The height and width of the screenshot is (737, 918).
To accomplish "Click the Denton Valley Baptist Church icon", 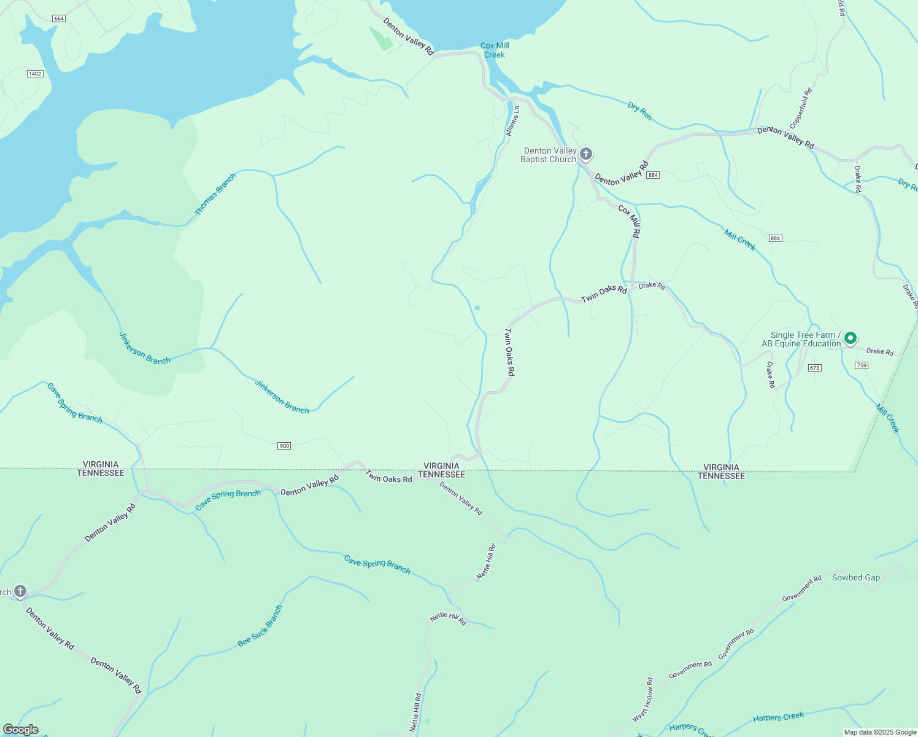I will (586, 154).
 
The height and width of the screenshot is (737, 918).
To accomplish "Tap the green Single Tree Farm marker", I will (850, 338).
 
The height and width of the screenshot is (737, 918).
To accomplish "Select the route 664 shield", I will (59, 18).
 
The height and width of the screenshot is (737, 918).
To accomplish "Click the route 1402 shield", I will (35, 74).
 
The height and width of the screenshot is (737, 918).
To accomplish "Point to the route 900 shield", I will (283, 446).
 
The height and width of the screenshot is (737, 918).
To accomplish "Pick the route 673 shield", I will (814, 368).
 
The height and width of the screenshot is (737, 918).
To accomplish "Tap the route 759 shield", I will (862, 365).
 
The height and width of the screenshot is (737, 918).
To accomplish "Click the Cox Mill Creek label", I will (495, 50).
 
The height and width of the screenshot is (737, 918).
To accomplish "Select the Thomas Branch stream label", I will (215, 194).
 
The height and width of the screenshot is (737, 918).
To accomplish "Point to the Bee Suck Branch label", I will (260, 626).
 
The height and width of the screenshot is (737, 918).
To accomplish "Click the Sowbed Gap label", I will (855, 577).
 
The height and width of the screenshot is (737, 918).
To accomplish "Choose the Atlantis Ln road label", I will (512, 121).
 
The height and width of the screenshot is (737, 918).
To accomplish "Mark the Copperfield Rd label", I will (801, 108).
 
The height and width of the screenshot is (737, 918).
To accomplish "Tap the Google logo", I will (21, 730).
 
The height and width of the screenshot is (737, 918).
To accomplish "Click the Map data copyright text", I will (880, 732).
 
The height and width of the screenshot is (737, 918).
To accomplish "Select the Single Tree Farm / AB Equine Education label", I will (801, 339).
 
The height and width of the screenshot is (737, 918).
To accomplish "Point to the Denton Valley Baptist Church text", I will (549, 155).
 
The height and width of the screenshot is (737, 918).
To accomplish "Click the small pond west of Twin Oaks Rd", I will (477, 308).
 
